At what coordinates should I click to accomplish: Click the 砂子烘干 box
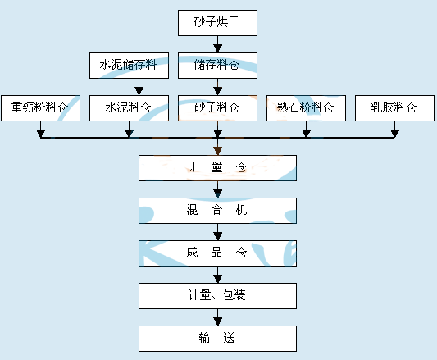coord(217,23)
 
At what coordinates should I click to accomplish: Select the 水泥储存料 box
coord(129,66)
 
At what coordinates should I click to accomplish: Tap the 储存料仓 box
coord(217,66)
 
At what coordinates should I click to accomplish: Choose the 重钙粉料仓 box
coord(41,108)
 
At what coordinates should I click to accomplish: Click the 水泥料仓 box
coord(129,108)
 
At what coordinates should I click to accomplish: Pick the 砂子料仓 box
coord(217,108)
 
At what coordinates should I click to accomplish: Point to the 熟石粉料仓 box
coord(307,108)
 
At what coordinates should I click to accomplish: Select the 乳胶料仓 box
coord(394,108)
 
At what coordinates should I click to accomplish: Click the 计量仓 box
coord(217,168)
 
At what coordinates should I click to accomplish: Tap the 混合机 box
coord(217,211)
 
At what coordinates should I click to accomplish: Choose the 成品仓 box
coord(217,253)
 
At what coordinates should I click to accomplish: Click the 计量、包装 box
coord(217,296)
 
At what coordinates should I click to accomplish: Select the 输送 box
coord(217,339)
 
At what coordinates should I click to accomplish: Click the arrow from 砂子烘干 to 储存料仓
coord(217,44)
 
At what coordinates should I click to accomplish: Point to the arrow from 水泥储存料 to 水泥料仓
coord(139,87)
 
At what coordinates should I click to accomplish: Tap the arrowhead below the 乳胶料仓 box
coord(394,134)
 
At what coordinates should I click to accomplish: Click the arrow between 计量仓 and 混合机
coord(217,189)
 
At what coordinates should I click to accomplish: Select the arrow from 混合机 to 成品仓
coord(217,232)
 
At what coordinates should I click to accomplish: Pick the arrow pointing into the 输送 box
coord(217,317)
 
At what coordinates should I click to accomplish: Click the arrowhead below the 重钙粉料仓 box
coord(41,134)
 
